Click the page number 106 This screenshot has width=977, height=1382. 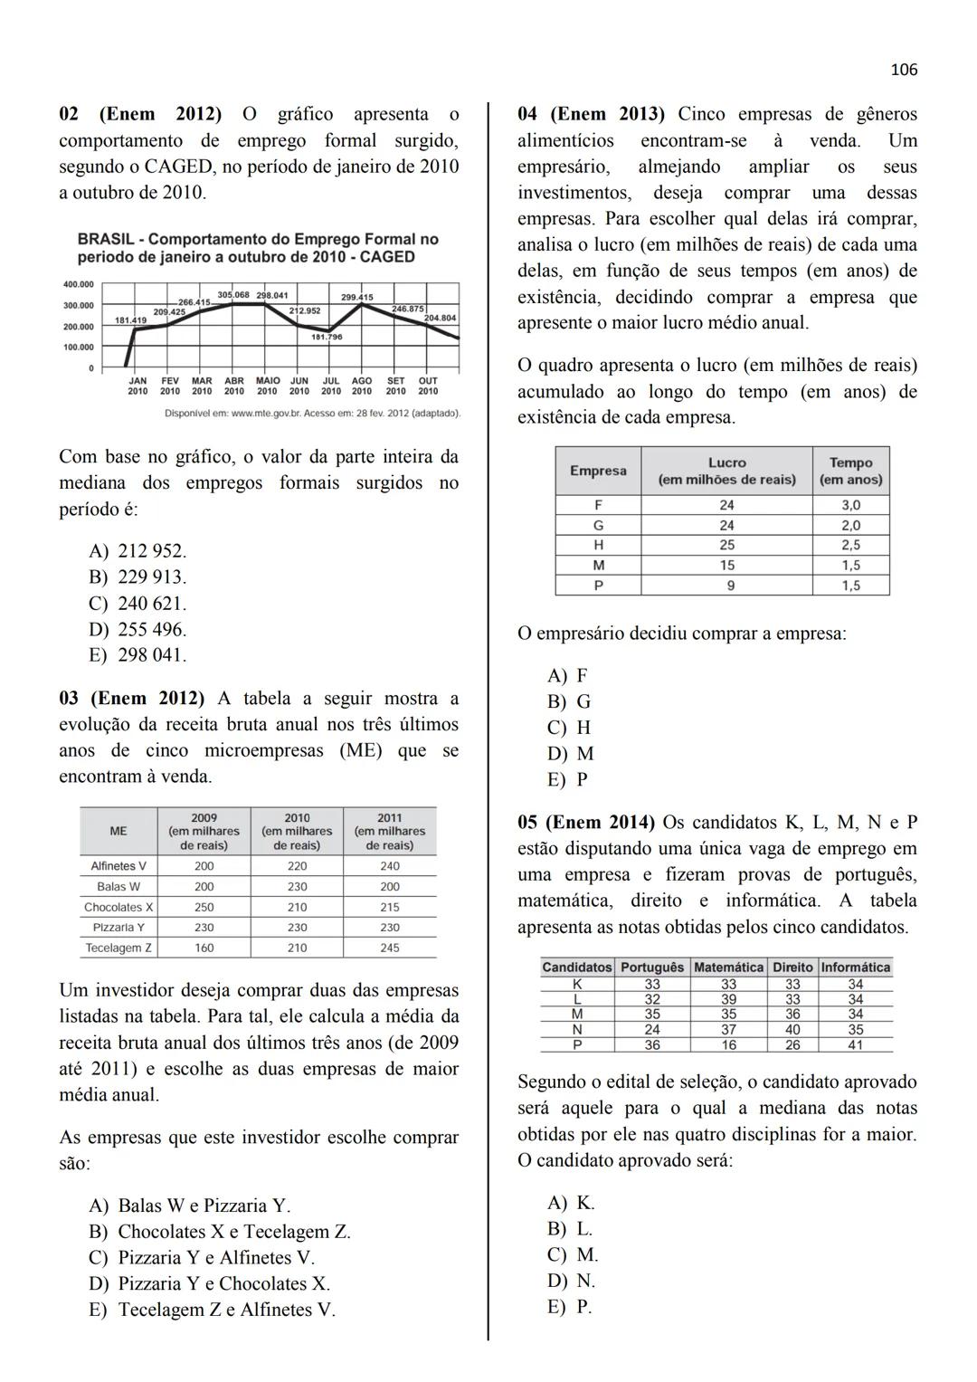pyautogui.click(x=903, y=70)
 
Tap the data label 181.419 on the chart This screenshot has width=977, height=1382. pyautogui.click(x=130, y=320)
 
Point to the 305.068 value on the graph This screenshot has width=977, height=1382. pyautogui.click(x=233, y=295)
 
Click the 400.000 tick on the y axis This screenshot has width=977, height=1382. pyautogui.click(x=78, y=285)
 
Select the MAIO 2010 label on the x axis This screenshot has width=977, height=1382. pyautogui.click(x=267, y=386)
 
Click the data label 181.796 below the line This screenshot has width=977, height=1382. pyautogui.click(x=327, y=337)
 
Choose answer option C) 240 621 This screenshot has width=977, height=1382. pyautogui.click(x=138, y=604)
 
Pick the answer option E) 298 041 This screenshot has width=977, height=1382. pyautogui.click(x=138, y=655)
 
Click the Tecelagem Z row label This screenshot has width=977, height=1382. pyautogui.click(x=119, y=948)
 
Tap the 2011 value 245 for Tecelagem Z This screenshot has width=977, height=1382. pyautogui.click(x=389, y=948)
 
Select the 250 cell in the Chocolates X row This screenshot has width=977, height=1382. pyautogui.click(x=204, y=907)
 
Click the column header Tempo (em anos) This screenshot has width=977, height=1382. pyautogui.click(x=850, y=471)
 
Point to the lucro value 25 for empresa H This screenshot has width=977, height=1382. pyautogui.click(x=726, y=545)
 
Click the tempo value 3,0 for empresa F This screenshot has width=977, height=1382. pyautogui.click(x=850, y=505)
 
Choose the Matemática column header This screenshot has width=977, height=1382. pyautogui.click(x=728, y=967)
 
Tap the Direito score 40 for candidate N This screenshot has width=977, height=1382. pyautogui.click(x=792, y=1029)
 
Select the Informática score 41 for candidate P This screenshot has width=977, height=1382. pyautogui.click(x=856, y=1044)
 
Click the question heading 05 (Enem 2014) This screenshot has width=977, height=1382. pyautogui.click(x=586, y=823)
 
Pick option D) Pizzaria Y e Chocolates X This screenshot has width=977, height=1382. pyautogui.click(x=209, y=1283)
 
